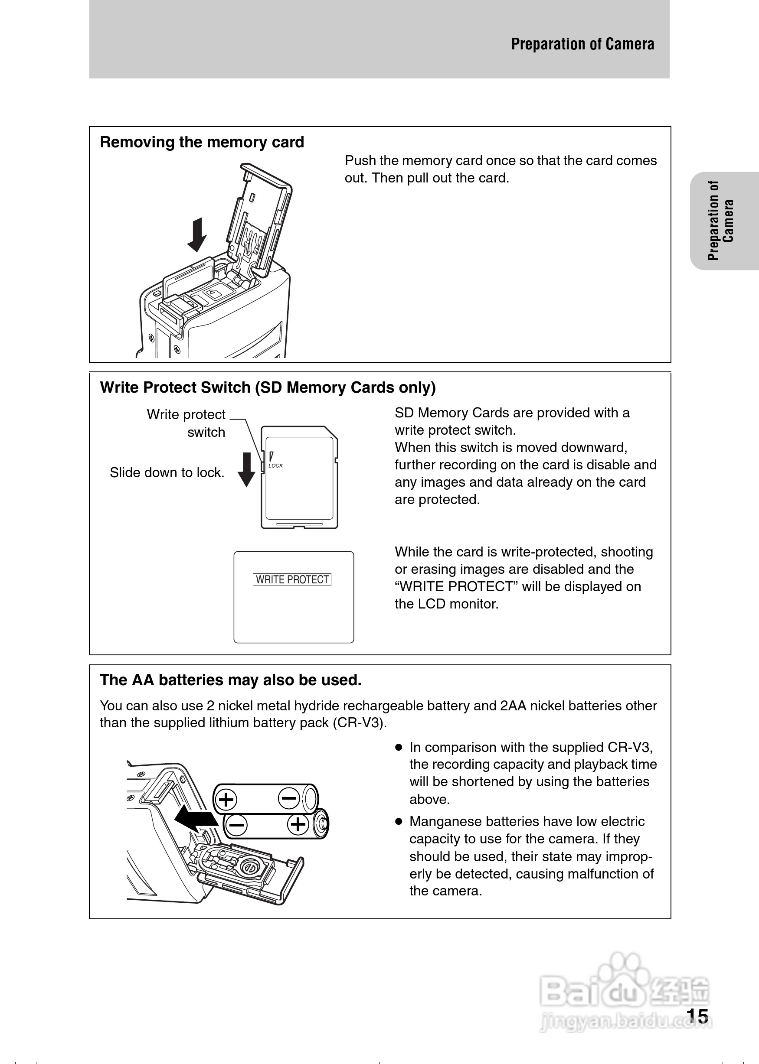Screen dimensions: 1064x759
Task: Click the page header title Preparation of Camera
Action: click(x=582, y=44)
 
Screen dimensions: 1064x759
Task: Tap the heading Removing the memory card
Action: click(x=202, y=142)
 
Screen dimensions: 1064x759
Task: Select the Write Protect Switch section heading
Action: click(x=268, y=387)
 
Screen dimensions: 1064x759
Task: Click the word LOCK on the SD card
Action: click(x=276, y=465)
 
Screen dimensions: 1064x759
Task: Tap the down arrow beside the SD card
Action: click(x=246, y=469)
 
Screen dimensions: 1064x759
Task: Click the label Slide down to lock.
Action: click(x=167, y=473)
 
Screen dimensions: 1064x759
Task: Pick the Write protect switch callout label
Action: click(x=186, y=423)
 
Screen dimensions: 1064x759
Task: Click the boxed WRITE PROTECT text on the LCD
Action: click(x=292, y=579)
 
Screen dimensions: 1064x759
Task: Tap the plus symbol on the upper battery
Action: click(x=226, y=800)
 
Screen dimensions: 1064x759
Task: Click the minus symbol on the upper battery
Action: click(x=288, y=798)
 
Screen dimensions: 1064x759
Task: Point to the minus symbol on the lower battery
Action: click(x=236, y=825)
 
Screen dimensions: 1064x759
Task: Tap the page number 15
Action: click(x=697, y=1017)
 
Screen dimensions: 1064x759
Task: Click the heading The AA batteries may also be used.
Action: click(x=230, y=680)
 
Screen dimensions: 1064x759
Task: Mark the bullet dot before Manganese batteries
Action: click(x=399, y=821)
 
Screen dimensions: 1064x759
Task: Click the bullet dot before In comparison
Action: click(x=399, y=747)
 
